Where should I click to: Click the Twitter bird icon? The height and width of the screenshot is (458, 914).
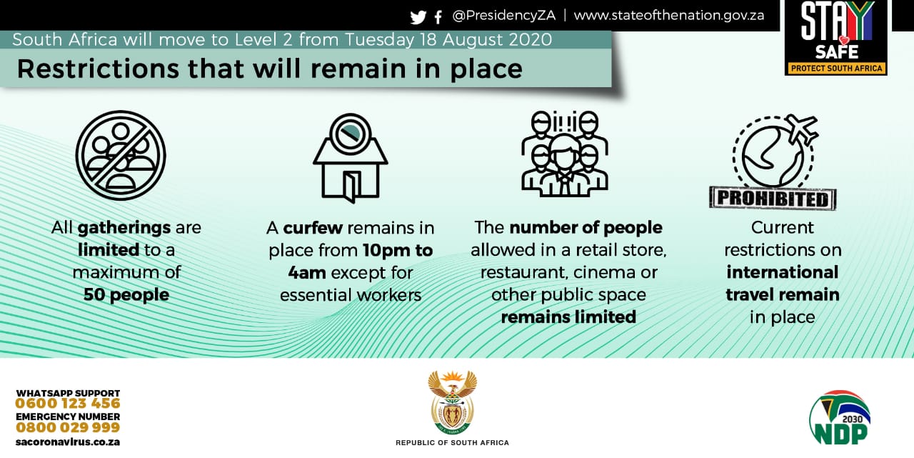(x=418, y=17)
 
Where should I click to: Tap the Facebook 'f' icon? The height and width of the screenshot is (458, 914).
(x=438, y=17)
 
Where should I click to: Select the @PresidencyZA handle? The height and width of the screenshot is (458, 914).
(x=504, y=16)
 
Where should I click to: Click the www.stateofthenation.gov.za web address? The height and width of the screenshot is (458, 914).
(x=669, y=16)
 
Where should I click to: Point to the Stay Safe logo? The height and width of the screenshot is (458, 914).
(x=836, y=38)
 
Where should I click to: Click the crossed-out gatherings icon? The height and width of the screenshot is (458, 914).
(x=121, y=155)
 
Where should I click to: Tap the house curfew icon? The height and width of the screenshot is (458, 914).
(x=350, y=158)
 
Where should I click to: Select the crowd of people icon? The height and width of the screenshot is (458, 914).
(x=565, y=153)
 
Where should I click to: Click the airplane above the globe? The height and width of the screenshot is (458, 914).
(x=803, y=127)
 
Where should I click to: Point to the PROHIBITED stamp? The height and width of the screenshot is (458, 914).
(x=773, y=199)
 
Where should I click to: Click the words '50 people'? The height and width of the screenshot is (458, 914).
(x=126, y=294)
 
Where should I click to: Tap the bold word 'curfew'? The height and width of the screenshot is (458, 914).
(x=313, y=228)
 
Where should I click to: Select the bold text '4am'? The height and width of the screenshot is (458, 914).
(x=307, y=273)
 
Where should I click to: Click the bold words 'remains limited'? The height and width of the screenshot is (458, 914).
(x=568, y=317)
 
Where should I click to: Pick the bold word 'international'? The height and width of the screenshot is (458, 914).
(x=782, y=272)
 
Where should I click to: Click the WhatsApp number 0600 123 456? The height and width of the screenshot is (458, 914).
(x=68, y=404)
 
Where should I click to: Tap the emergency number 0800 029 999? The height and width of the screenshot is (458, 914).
(x=68, y=427)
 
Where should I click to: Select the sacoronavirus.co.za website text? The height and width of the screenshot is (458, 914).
(x=68, y=442)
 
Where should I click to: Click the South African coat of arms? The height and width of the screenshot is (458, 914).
(x=453, y=402)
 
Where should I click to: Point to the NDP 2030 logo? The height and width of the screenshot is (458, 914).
(x=839, y=418)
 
